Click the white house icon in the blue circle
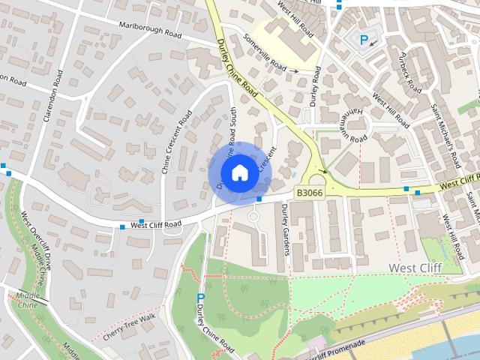click(x=239, y=172)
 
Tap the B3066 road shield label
click(x=310, y=193)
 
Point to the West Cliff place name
click(x=414, y=267)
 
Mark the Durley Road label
click(x=315, y=86)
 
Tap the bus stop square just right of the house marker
click(x=259, y=199)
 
